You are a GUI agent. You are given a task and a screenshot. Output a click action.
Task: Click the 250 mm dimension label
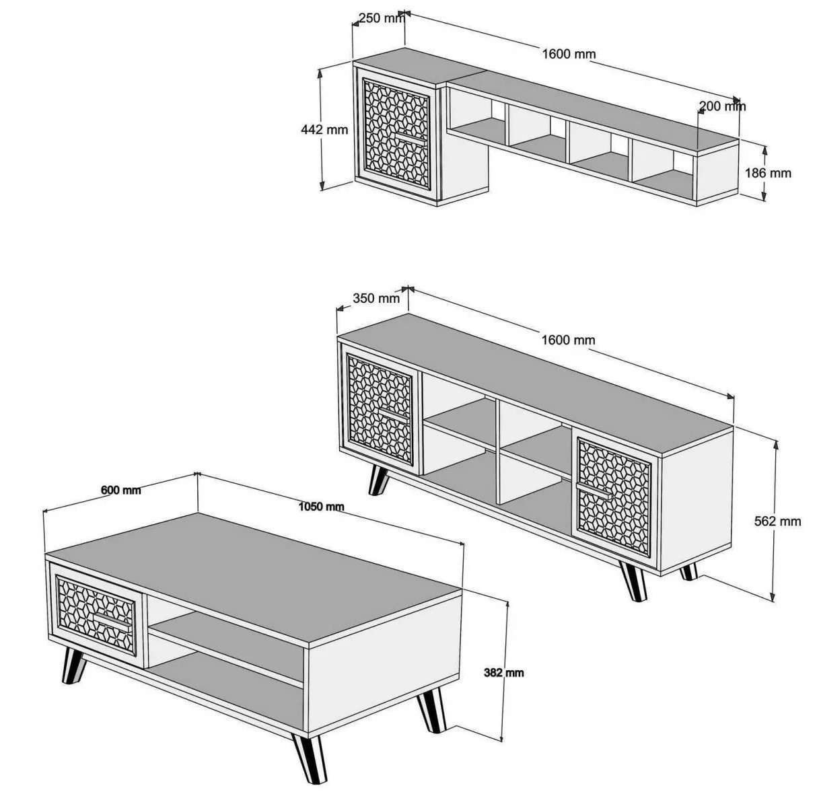(382, 18)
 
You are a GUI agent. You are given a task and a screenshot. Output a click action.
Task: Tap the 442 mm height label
(324, 130)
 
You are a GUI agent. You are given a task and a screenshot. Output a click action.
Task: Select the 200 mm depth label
(722, 106)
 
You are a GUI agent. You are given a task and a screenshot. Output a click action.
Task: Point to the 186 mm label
(768, 173)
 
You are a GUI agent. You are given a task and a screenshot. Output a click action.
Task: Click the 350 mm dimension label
(376, 298)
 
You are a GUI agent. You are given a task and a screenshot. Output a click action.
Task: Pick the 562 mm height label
(777, 521)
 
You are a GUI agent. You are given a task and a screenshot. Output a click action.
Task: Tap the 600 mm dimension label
(120, 491)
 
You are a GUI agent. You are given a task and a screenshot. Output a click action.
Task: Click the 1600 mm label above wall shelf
(569, 55)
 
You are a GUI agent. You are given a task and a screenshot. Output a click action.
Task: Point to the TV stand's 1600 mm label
(568, 340)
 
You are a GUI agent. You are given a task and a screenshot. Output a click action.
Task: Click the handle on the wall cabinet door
(411, 140)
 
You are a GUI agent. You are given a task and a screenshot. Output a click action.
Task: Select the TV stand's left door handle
(393, 415)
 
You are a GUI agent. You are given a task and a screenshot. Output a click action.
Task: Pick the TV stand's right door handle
(594, 491)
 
